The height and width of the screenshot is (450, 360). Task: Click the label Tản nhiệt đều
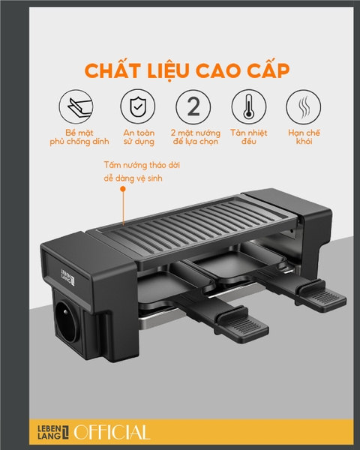248,137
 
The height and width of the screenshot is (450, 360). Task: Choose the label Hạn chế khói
304,137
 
